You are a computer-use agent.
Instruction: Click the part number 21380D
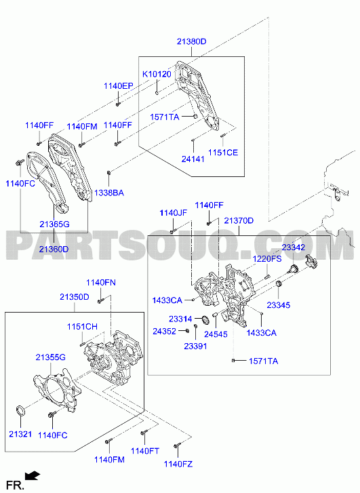coord(191,41)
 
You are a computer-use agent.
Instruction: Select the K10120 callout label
coord(157,74)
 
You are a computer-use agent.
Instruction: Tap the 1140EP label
coord(119,86)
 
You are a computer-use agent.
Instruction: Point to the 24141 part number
coord(193,159)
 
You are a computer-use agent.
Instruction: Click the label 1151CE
coord(223,153)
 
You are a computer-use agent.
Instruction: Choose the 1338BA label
coord(109,193)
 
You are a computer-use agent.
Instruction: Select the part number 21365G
coord(54,224)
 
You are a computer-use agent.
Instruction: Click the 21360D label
coord(54,250)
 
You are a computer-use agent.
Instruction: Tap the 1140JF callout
coord(174,213)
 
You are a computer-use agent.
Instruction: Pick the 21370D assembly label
coord(239,220)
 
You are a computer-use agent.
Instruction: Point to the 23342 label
coord(294,248)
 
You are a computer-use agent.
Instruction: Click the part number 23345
coord(279,305)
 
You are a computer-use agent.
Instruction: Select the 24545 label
coord(216,334)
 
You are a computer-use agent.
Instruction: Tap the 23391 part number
coord(195,346)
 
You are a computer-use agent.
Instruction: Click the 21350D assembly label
coord(75,297)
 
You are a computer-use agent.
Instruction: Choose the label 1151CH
coord(82,327)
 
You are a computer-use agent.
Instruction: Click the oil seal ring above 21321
coord(21,411)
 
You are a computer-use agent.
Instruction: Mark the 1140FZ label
coord(178,464)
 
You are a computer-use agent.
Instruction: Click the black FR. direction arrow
coord(33,475)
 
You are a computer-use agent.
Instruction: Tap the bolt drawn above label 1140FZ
coord(178,446)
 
